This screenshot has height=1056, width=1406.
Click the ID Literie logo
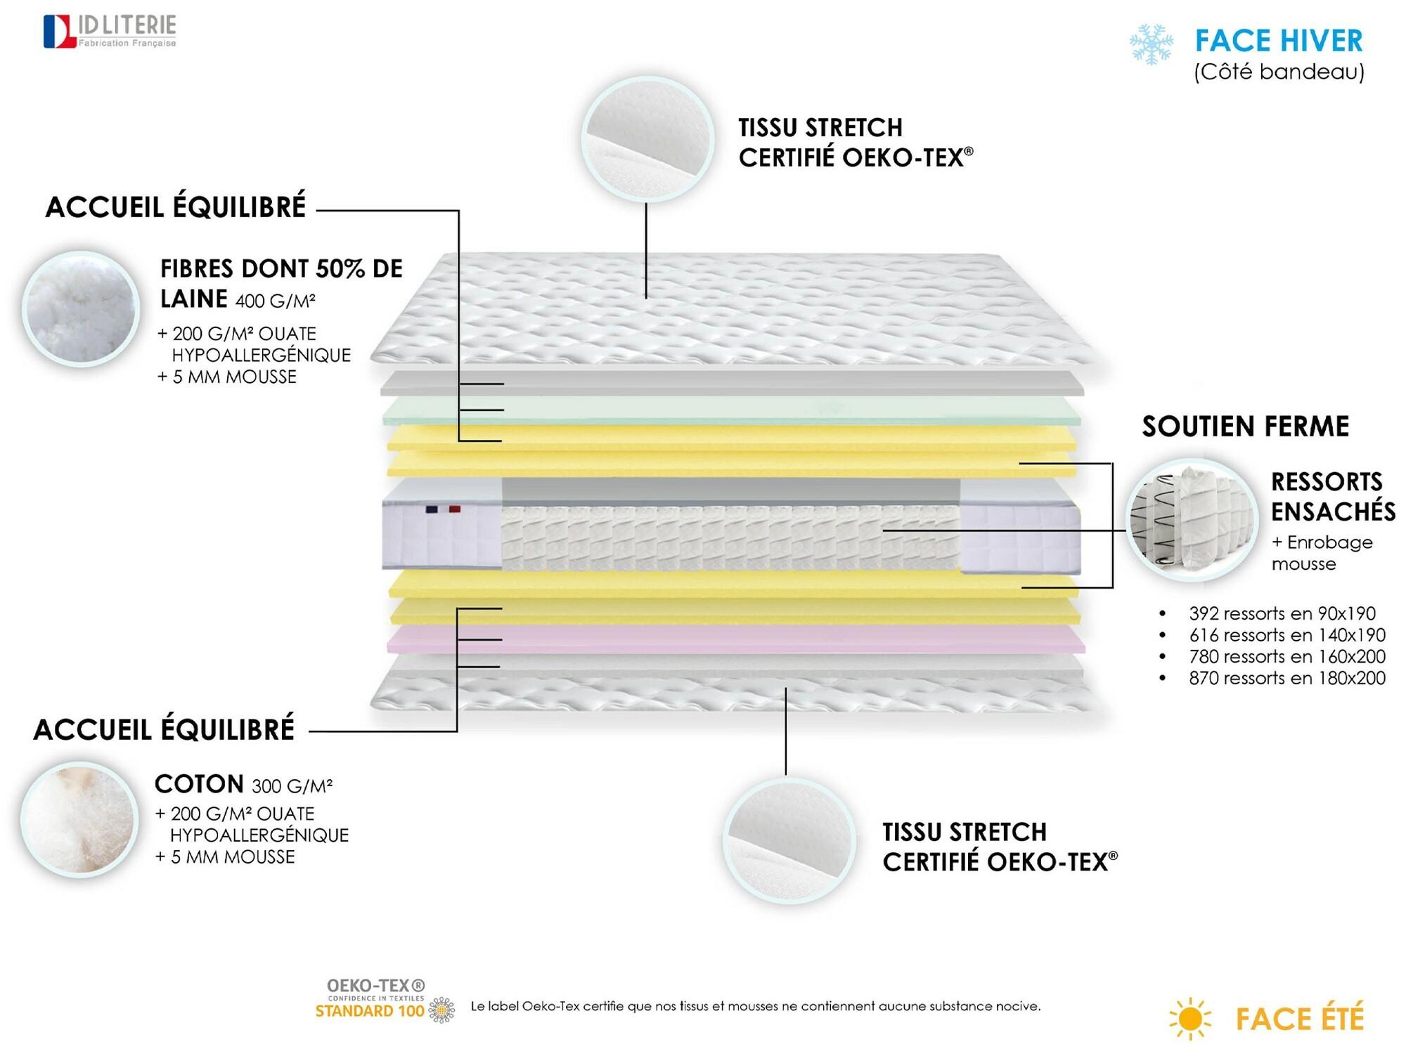coord(110,32)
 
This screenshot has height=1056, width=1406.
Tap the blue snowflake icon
coord(1152,45)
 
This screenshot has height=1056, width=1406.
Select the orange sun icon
coord(1189,1018)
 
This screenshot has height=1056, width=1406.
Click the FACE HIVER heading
coord(1279,41)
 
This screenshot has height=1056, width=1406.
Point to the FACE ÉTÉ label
coord(1300,1018)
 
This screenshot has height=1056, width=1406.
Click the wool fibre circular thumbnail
coord(81,308)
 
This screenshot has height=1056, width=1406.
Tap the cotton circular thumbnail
coord(79,819)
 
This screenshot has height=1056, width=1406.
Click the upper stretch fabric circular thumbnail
coord(647,138)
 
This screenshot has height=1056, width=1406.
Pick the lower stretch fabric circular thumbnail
coord(789,840)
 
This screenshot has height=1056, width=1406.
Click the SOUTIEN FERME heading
coord(1245,426)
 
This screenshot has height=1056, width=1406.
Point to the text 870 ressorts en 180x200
coord(1287,678)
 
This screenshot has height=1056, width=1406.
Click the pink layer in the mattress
coord(735,639)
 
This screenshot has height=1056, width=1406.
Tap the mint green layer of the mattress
coord(731,410)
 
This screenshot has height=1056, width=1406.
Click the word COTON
coord(199,784)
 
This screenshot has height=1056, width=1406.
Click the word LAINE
coord(194,299)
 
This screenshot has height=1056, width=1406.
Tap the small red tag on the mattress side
coord(455,509)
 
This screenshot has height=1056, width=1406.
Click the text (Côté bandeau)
coord(1279,72)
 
